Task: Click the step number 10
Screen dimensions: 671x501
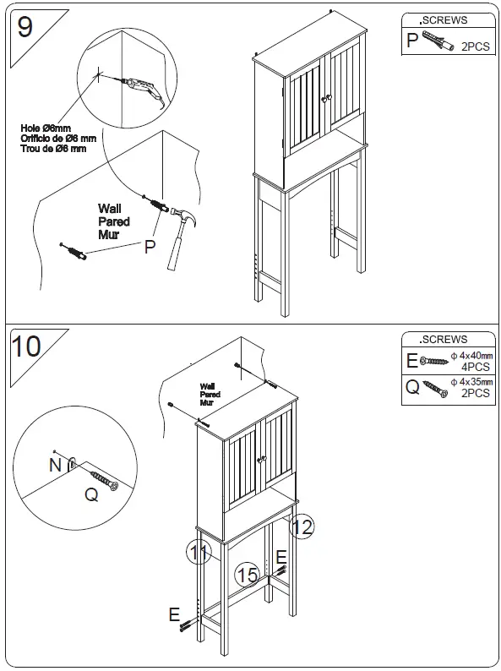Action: click(x=28, y=346)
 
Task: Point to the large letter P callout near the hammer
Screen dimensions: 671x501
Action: click(x=150, y=247)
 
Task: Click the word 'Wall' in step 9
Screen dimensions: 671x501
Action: click(x=110, y=209)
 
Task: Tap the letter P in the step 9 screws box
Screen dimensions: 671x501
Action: click(x=412, y=40)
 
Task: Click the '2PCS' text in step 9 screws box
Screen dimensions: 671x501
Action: click(x=475, y=47)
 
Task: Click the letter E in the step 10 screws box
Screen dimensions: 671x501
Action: click(x=412, y=361)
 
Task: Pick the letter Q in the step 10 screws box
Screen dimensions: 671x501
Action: click(x=412, y=388)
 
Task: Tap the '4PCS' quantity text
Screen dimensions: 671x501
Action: click(x=476, y=368)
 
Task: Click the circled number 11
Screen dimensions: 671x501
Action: click(x=199, y=554)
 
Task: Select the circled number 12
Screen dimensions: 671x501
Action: click(x=302, y=527)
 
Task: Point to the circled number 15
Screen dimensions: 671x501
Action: click(x=247, y=575)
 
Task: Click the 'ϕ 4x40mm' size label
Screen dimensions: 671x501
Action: click(x=471, y=356)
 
